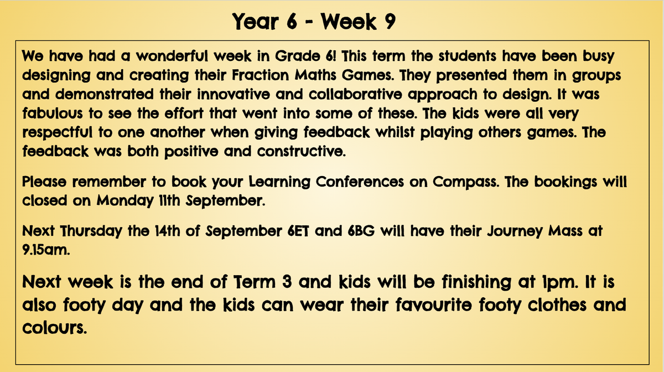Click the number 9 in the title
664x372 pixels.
point(387,22)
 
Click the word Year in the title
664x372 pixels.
point(256,22)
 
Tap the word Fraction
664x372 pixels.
point(260,75)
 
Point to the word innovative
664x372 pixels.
point(234,94)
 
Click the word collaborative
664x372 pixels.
point(355,94)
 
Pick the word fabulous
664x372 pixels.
point(53,113)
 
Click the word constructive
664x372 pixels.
point(302,151)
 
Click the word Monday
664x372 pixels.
point(125,201)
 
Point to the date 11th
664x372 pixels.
point(169,200)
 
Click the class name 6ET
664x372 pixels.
point(298,231)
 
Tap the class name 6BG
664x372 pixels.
point(361,231)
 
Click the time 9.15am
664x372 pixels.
point(46,250)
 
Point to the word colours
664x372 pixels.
point(55,328)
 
